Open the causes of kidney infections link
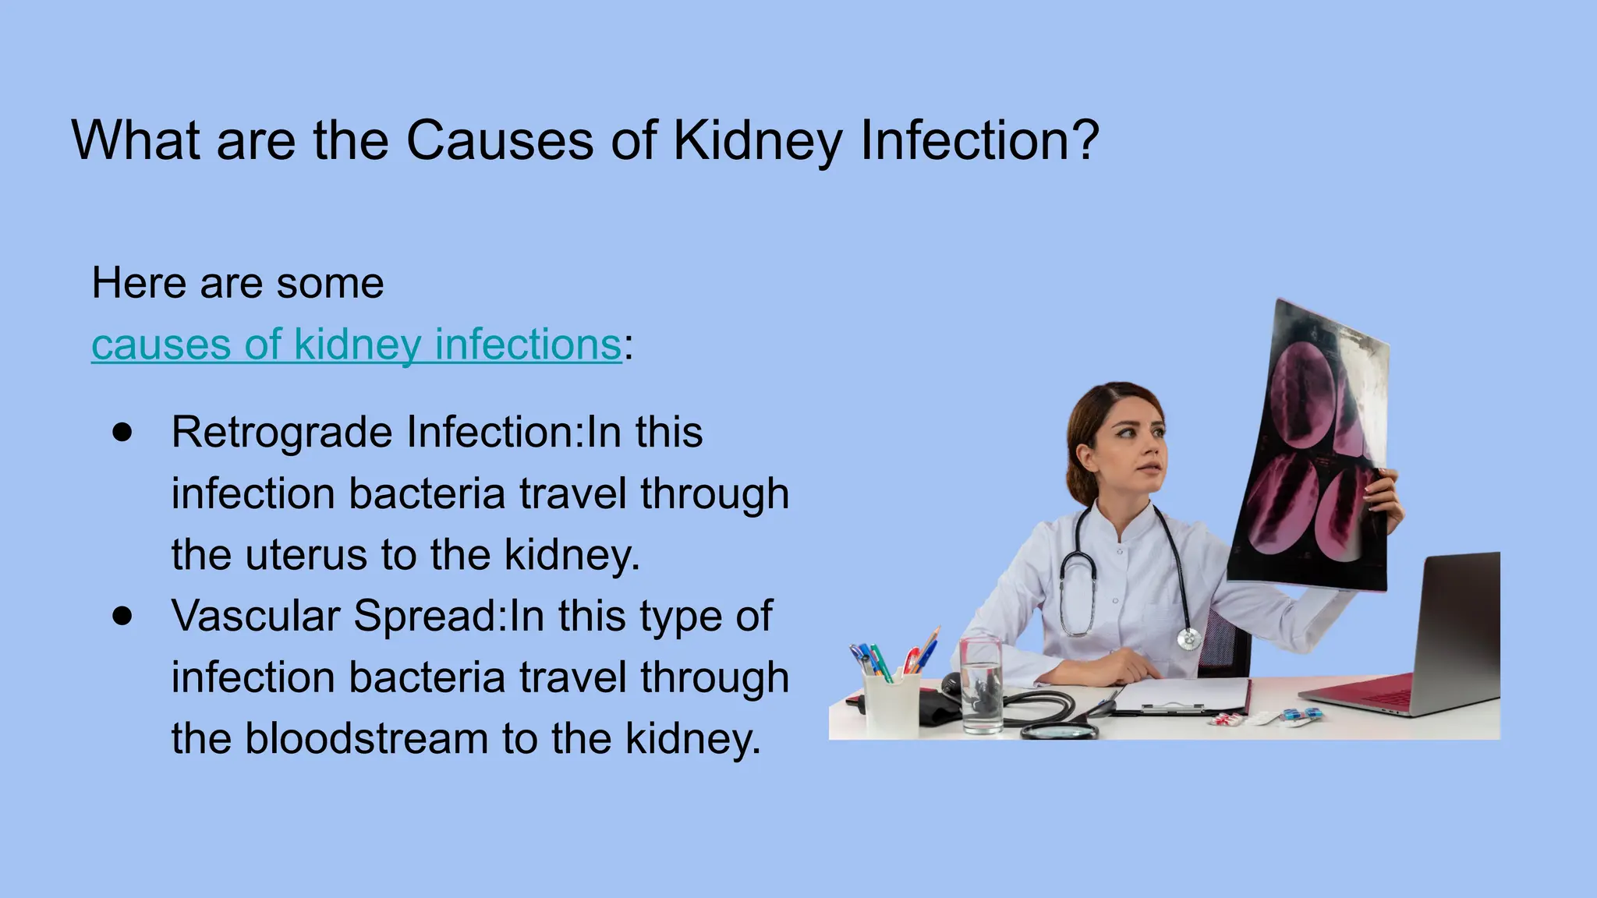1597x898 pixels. coord(356,345)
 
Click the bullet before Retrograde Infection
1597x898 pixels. coord(122,433)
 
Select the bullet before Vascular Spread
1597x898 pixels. coord(122,616)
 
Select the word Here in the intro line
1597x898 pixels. coord(139,283)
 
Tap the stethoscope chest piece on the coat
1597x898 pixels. coord(1188,639)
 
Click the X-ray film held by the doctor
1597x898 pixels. coord(1310,452)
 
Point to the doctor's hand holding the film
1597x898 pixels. coord(1384,499)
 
